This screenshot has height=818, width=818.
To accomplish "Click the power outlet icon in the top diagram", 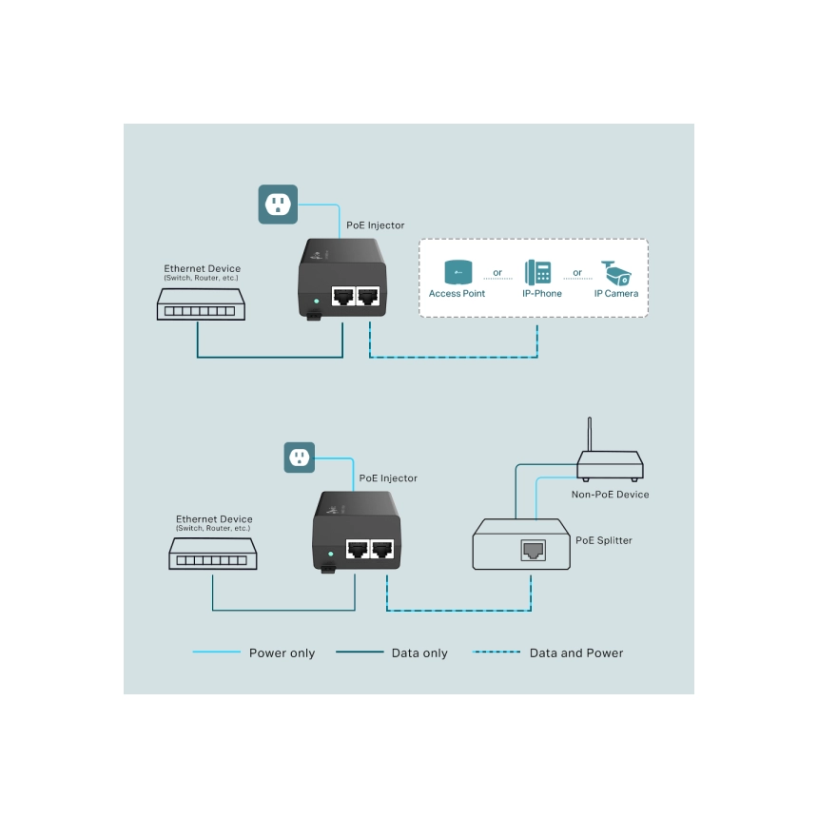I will tap(278, 204).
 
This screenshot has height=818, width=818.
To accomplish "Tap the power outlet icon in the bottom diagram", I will tap(300, 458).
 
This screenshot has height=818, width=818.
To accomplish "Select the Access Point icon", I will tap(458, 272).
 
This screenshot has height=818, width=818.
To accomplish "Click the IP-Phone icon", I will tap(538, 271).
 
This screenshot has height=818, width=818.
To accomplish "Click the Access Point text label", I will tap(457, 294).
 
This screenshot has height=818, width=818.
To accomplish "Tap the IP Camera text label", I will tap(616, 294).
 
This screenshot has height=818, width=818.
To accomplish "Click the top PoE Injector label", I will tap(375, 225).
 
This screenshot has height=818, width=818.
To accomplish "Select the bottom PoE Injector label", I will tap(387, 478).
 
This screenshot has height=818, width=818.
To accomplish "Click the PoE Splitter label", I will tap(604, 540).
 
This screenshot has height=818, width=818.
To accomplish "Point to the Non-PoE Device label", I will tap(611, 495).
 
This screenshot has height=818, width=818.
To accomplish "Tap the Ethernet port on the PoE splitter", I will tap(533, 549).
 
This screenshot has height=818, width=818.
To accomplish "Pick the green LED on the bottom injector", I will tap(329, 554).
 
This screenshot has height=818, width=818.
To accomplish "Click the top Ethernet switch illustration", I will tap(202, 303).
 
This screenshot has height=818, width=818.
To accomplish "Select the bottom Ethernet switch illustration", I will tap(214, 554).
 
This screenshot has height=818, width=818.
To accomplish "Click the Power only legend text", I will tap(282, 653).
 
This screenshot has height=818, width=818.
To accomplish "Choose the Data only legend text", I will tap(419, 653).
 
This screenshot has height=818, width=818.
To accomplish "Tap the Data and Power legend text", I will tap(576, 653).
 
